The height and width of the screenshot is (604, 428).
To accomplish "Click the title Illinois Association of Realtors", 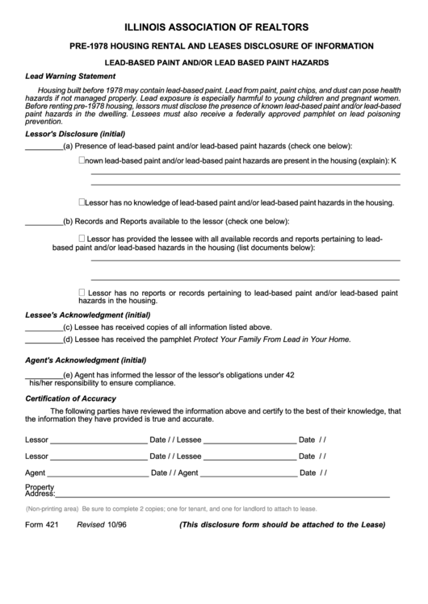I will tap(213, 27).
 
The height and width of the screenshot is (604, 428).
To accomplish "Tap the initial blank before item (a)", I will tap(44, 146).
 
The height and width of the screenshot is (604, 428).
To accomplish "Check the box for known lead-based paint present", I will tap(82, 160).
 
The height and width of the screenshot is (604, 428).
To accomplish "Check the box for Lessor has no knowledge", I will tap(82, 202).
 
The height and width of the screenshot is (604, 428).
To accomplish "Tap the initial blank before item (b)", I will tap(44, 220).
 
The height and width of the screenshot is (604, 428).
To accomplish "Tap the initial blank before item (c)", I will tap(44, 327).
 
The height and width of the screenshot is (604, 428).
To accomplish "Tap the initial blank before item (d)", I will tap(44, 339).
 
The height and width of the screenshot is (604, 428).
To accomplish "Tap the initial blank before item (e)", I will tap(44, 375).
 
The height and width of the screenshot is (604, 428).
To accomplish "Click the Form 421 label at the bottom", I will tap(42, 524).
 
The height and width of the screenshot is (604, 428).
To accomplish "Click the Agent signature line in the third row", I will tap(97, 473).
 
